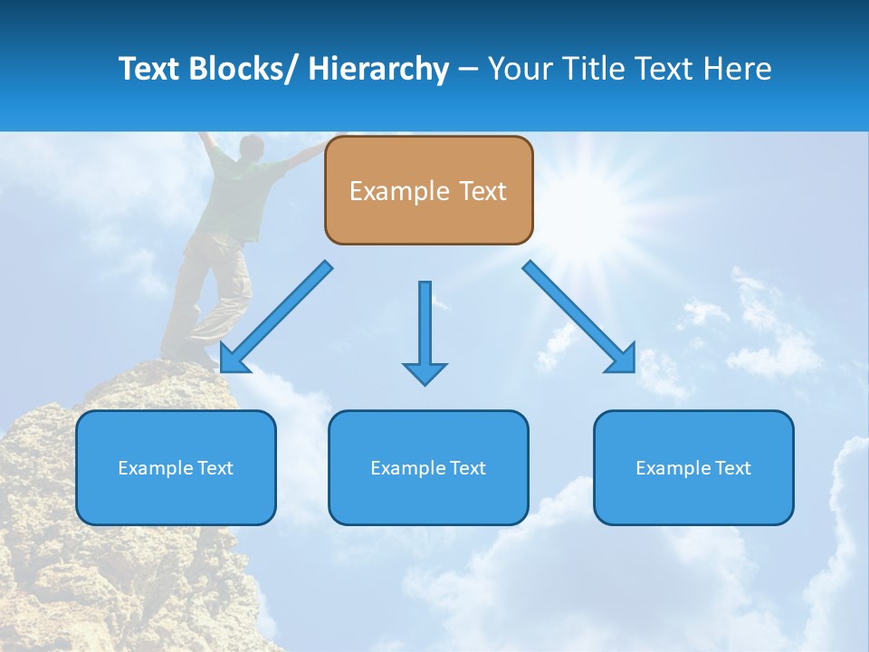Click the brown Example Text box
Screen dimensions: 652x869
428,190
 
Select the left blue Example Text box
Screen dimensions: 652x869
176,467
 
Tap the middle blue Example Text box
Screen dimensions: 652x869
428,467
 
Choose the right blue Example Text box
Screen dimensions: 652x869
693,467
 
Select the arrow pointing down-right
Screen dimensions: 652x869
579,317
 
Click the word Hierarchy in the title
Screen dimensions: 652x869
377,69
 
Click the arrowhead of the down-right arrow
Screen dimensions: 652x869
624,360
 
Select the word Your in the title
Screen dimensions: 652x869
517,69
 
